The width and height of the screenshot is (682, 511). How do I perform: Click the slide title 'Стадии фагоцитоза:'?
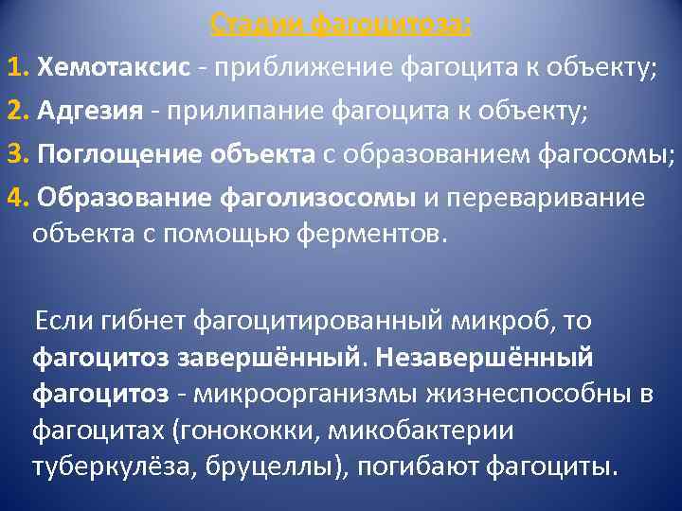pyautogui.click(x=340, y=21)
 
